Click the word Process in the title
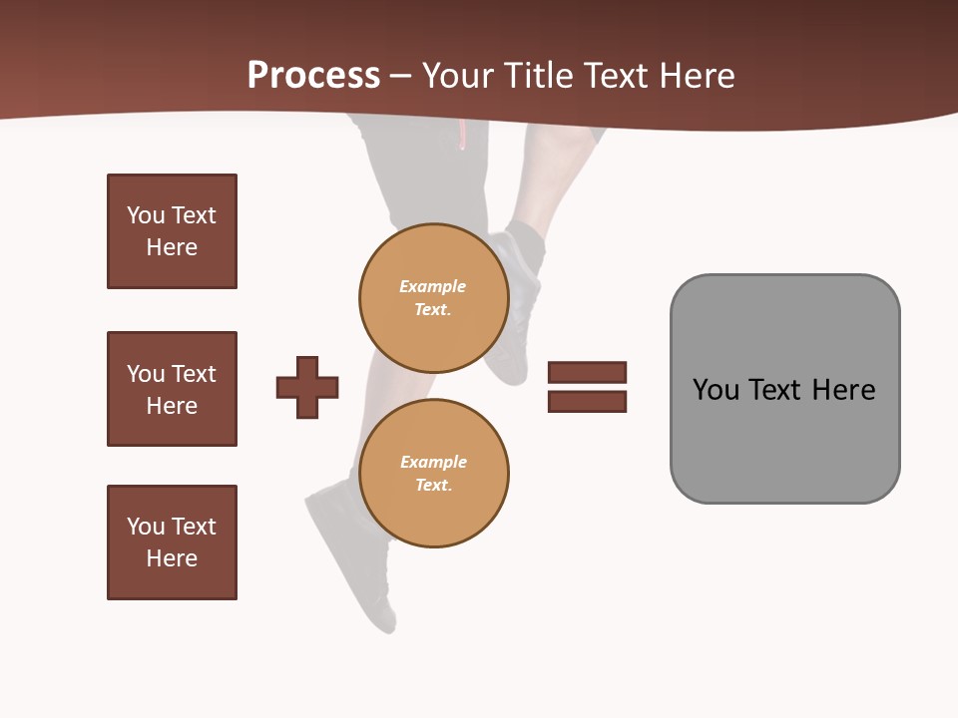point(313,76)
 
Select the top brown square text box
point(172,231)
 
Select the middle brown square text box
point(172,389)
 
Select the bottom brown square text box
point(172,542)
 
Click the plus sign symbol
point(307,387)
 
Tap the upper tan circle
point(434,298)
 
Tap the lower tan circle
point(434,474)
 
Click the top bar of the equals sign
point(587,372)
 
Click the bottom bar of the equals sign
point(587,401)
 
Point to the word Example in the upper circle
point(432,286)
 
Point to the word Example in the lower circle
point(433,462)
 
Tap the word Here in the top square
point(172,247)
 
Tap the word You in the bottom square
point(146,527)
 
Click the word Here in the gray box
point(843,390)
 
